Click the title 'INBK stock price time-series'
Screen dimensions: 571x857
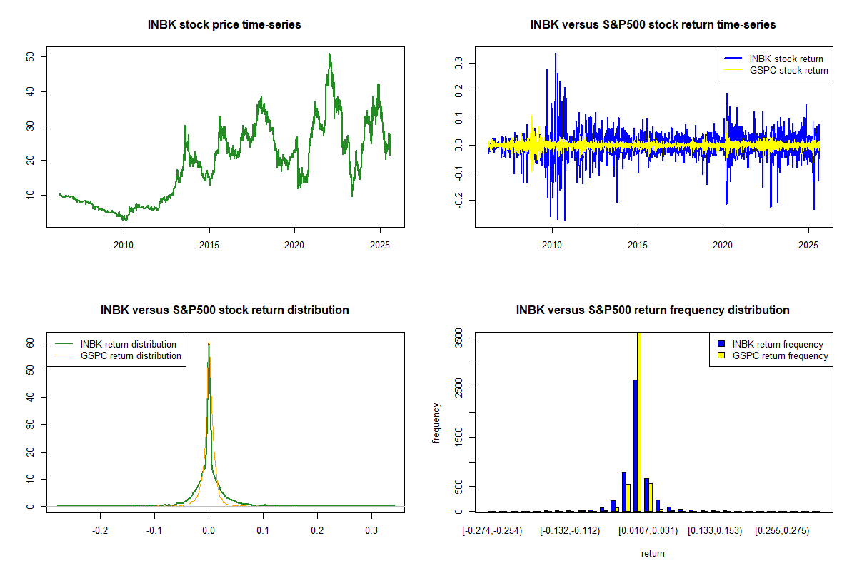(x=224, y=25)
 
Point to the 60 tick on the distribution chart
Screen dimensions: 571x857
(x=33, y=343)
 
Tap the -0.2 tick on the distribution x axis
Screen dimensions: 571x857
(x=100, y=531)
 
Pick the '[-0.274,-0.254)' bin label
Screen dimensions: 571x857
(x=492, y=531)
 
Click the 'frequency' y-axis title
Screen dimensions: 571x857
(x=436, y=423)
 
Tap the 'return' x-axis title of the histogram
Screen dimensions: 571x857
(x=653, y=553)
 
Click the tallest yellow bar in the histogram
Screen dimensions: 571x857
(x=639, y=421)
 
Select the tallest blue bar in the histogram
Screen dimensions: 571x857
(x=635, y=445)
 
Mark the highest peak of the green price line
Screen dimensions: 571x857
(x=329, y=54)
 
